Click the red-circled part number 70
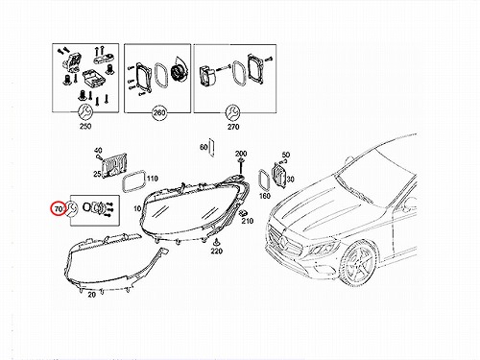[x=59, y=209]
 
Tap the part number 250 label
[x=85, y=126]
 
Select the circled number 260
[x=159, y=112]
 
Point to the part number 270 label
[x=233, y=127]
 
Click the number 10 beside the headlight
[x=137, y=208]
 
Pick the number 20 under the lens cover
[x=92, y=295]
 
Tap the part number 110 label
[x=153, y=179]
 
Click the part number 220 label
[x=217, y=252]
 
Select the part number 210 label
[x=248, y=221]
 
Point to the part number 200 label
[x=241, y=154]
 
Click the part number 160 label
[x=265, y=195]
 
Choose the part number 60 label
[x=204, y=147]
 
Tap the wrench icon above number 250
[x=85, y=111]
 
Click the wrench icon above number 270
[x=232, y=112]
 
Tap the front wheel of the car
[x=358, y=263]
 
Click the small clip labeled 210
[x=245, y=213]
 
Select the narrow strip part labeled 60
[x=211, y=148]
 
